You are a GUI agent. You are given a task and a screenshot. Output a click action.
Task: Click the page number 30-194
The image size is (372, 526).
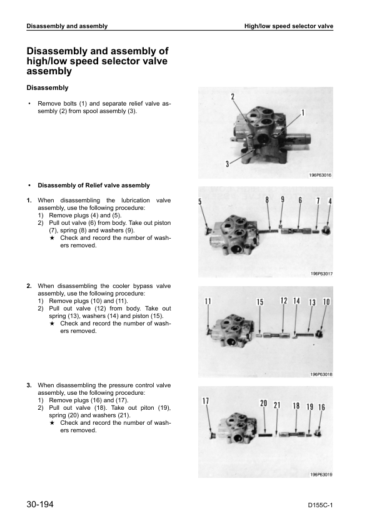[x=40, y=504]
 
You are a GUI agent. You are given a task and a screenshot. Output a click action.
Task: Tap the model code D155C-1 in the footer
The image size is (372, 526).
[x=320, y=505]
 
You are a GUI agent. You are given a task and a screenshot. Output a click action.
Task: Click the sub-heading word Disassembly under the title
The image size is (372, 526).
[x=48, y=88]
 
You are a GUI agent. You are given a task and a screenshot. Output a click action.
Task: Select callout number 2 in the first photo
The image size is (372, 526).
[x=233, y=97]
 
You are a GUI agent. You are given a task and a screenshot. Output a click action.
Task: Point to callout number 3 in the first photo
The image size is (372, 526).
[x=228, y=164]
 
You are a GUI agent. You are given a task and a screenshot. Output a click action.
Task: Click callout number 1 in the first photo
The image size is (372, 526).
[x=303, y=112]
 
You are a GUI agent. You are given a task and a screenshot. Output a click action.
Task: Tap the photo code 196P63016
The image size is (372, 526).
[x=320, y=175]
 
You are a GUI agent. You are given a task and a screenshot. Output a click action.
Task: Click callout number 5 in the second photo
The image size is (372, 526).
[x=200, y=202]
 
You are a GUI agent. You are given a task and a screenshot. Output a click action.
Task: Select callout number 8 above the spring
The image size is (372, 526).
[x=267, y=200]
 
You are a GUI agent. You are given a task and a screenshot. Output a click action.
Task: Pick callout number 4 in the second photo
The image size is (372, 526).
[x=330, y=201]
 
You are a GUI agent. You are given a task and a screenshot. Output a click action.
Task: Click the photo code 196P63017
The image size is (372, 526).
[x=321, y=274]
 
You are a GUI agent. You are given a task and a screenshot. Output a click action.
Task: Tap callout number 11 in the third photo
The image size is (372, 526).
[x=208, y=301]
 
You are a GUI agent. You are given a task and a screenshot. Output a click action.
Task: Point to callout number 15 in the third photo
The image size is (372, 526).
[x=260, y=302]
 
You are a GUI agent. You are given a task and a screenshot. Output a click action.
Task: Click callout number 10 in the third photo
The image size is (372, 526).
[x=326, y=302]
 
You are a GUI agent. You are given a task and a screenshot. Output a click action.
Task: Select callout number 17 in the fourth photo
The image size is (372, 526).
[x=206, y=400]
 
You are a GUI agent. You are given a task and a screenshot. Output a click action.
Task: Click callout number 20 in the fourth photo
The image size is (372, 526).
[x=264, y=403]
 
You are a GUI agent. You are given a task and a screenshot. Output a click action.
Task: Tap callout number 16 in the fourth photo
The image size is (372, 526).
[x=321, y=407]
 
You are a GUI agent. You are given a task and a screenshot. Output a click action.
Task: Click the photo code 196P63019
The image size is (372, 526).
[x=321, y=474]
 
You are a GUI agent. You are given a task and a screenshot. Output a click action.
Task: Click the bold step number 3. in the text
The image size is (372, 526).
[x=29, y=385]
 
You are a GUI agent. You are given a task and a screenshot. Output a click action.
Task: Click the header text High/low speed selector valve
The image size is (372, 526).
[x=289, y=26]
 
